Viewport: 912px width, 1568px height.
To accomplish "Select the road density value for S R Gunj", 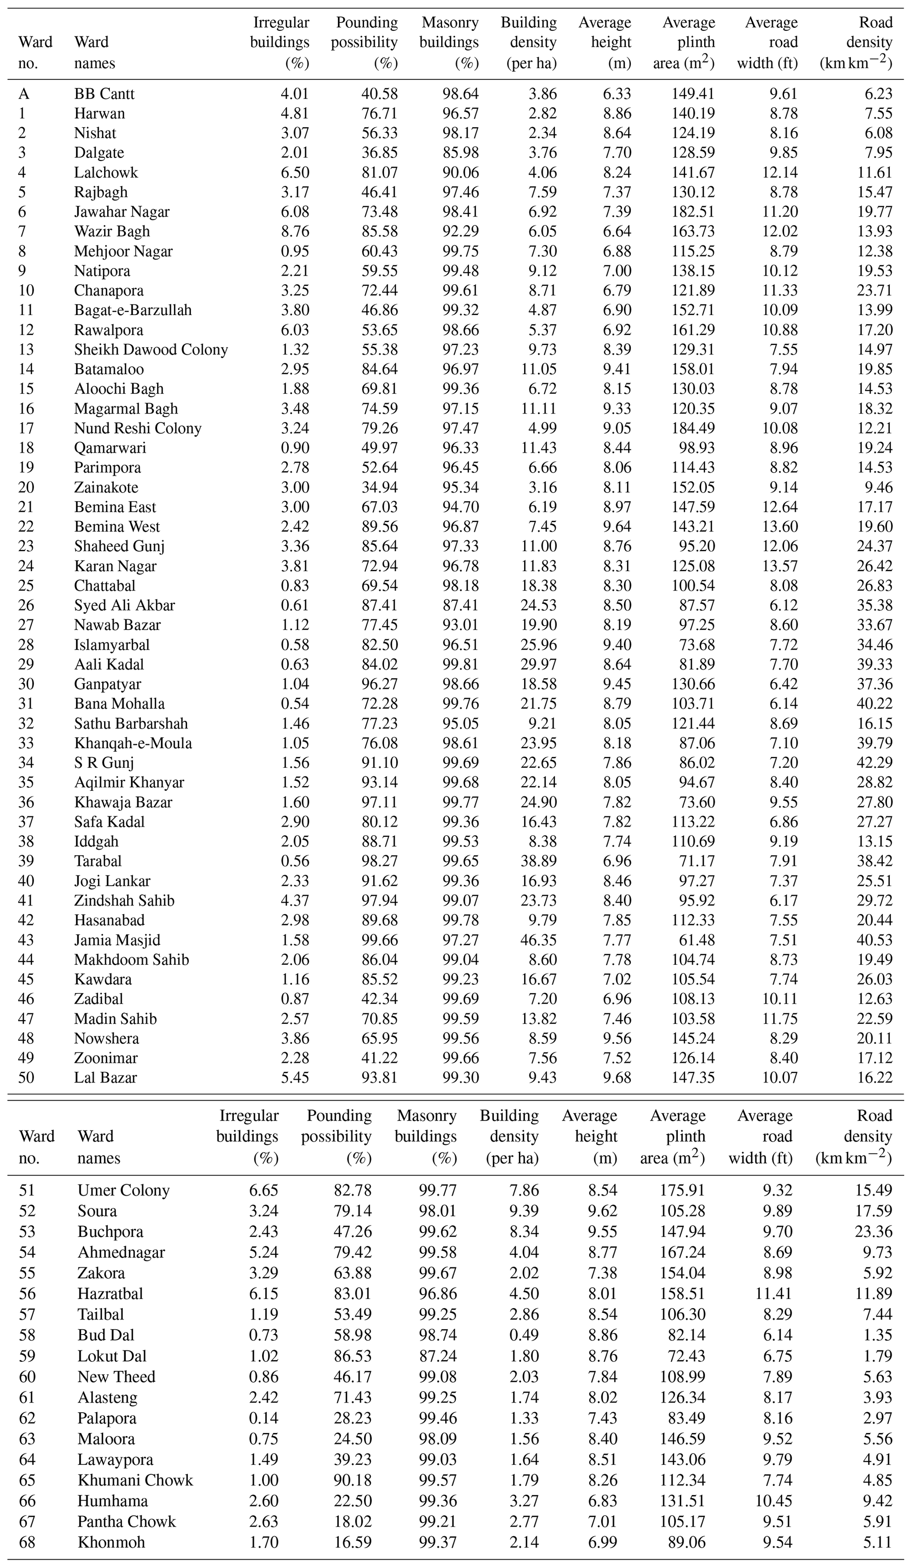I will point(874,763).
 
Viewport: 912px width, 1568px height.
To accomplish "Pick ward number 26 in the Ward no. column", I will point(26,605).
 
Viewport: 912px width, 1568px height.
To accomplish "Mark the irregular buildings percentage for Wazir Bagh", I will point(295,231).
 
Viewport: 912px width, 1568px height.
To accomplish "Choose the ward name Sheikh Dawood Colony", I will point(150,350).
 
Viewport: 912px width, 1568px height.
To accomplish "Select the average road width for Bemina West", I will point(780,526).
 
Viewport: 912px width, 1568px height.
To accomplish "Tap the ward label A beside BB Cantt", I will point(24,94).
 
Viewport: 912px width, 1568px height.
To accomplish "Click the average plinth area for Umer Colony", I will point(683,1190).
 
